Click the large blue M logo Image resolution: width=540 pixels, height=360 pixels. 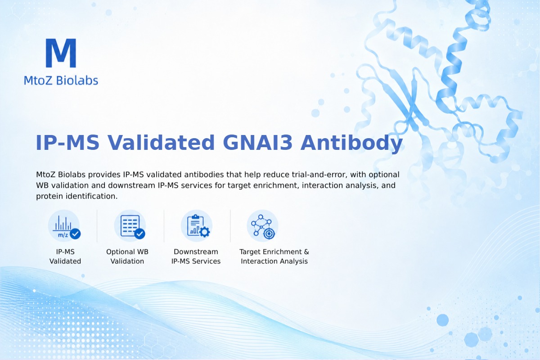click(61, 53)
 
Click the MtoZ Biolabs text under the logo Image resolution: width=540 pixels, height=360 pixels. click(61, 80)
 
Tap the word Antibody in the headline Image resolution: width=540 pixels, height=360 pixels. click(351, 144)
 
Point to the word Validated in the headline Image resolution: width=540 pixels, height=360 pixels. click(161, 143)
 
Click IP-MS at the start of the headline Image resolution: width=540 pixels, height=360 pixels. click(67, 143)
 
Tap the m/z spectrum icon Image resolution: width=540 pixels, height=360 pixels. click(64, 226)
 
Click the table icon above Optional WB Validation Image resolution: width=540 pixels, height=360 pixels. click(130, 226)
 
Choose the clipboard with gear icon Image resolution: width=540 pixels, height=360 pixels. click(197, 226)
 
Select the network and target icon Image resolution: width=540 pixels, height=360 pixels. click(263, 226)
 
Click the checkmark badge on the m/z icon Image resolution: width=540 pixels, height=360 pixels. click(75, 234)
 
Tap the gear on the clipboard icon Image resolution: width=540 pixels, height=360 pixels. click(205, 232)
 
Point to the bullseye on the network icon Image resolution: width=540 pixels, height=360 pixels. click(269, 234)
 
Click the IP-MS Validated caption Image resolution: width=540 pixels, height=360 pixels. click(65, 256)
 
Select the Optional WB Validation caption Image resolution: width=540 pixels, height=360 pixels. click(127, 256)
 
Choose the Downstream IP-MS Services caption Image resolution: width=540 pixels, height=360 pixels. click(196, 256)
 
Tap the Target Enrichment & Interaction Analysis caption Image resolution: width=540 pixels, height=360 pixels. click(274, 256)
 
